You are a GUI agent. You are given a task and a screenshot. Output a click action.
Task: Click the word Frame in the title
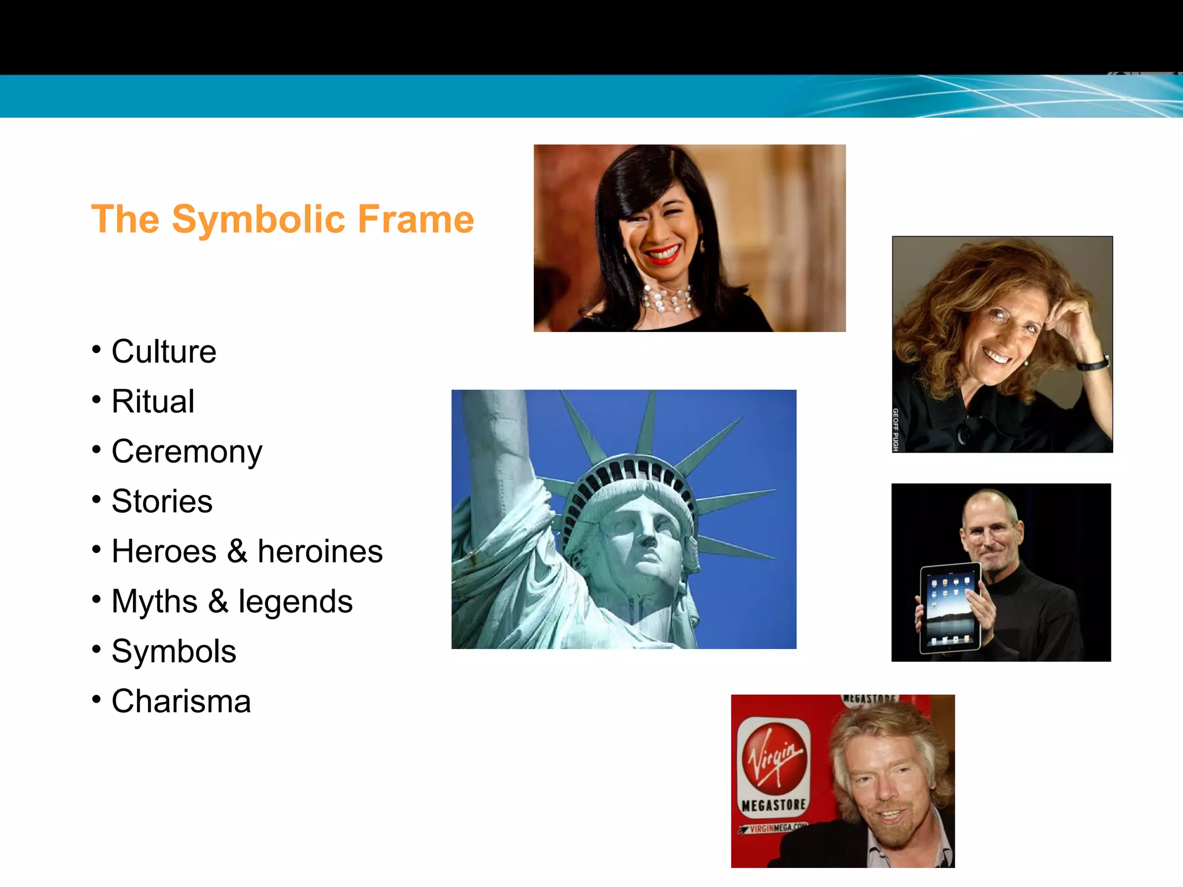click(416, 220)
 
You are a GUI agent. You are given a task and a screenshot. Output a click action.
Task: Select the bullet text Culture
click(164, 351)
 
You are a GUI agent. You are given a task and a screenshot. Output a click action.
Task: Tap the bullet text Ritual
click(153, 401)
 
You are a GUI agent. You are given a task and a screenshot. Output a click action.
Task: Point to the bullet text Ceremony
click(187, 452)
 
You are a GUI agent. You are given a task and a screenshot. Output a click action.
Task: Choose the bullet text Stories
click(162, 501)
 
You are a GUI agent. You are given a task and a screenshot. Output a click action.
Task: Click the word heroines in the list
click(320, 551)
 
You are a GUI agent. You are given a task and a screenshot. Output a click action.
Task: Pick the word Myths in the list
click(154, 601)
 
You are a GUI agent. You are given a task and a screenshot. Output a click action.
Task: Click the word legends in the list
click(295, 601)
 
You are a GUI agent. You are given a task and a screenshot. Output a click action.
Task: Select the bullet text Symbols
click(174, 651)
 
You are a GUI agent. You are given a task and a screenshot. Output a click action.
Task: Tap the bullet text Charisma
click(181, 701)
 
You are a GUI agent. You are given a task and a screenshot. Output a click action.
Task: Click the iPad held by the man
click(950, 608)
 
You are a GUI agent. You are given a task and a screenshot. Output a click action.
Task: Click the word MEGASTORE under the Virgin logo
click(774, 804)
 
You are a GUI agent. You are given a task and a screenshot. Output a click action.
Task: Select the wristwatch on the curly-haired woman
click(1092, 364)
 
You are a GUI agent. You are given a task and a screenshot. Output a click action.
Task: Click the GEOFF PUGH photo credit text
click(896, 430)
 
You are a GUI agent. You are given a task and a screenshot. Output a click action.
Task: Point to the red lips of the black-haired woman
click(663, 255)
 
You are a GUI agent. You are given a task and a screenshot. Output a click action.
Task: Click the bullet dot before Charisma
click(96, 699)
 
